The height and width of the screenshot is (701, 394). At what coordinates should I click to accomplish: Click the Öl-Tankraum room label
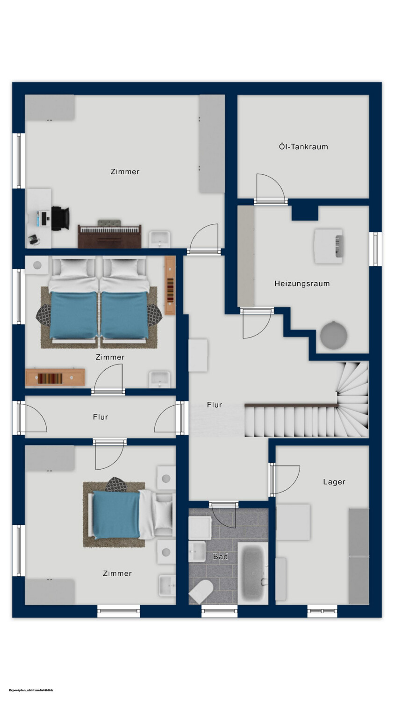tap(303, 146)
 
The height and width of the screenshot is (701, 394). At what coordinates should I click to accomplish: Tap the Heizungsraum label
tap(302, 284)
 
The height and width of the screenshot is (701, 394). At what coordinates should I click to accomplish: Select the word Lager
tap(334, 482)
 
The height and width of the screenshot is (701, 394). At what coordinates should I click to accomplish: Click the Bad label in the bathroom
tap(220, 557)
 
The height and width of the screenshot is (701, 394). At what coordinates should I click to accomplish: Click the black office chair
tap(60, 218)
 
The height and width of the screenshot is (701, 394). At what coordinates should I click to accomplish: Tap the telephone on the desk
tap(34, 240)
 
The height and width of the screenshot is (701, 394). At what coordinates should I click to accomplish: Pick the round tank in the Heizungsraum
tap(334, 335)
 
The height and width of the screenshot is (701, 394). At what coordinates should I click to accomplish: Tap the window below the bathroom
tap(219, 611)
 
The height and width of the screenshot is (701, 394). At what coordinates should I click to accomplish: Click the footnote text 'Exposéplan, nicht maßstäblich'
tap(31, 690)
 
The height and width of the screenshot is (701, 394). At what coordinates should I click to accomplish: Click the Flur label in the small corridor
tap(100, 417)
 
